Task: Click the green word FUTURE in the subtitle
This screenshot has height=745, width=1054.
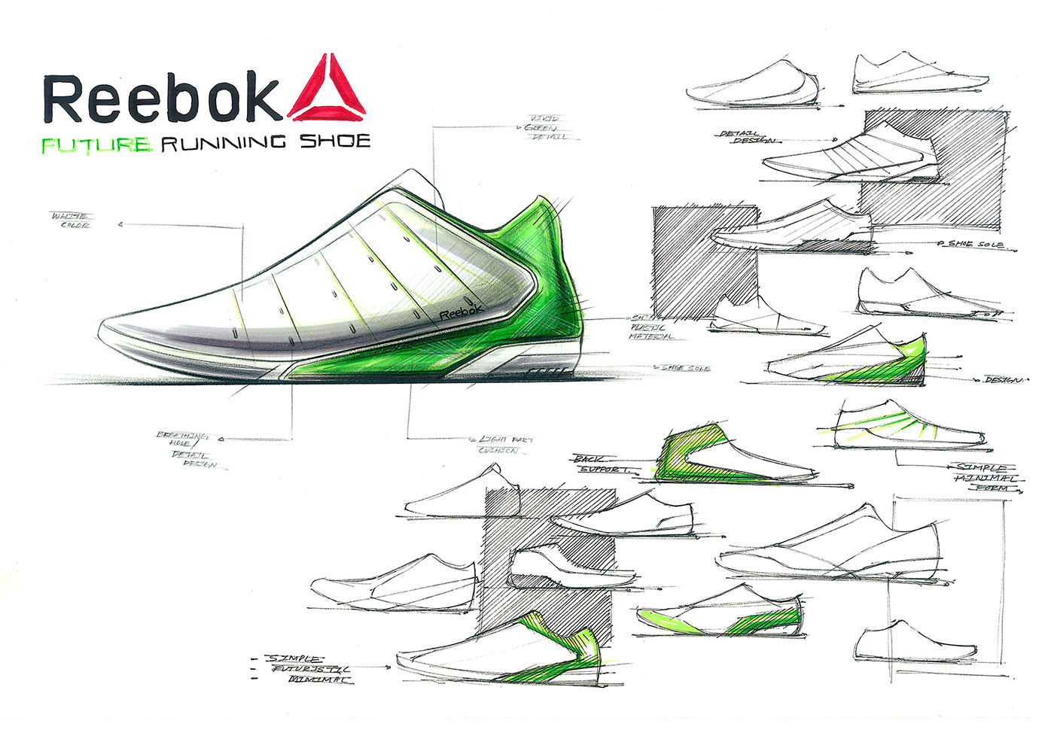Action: pos(96,144)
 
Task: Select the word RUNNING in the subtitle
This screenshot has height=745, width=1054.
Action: pos(224,142)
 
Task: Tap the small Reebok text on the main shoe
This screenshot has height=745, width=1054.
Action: pos(460,311)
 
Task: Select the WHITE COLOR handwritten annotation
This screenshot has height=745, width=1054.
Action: pos(70,220)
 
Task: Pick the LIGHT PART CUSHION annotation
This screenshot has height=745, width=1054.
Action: pos(504,444)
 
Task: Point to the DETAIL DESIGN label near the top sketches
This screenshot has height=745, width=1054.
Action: pos(745,137)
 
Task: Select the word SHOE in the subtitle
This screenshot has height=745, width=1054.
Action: pos(335,141)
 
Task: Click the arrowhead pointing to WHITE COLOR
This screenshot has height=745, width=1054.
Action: pos(120,224)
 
